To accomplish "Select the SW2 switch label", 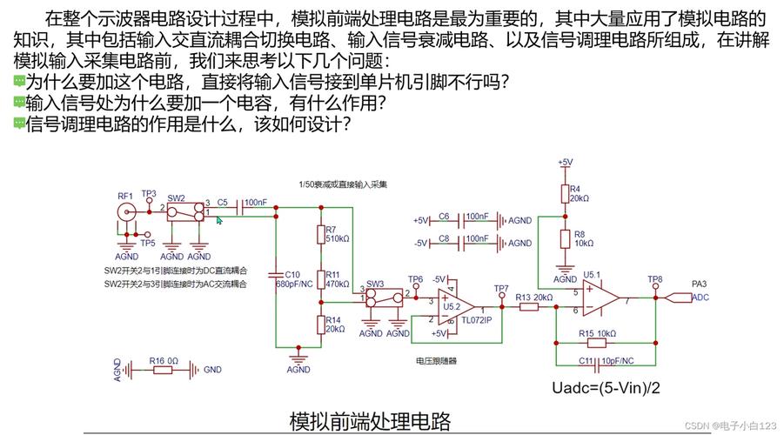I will pos(176,197).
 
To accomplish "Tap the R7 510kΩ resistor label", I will pos(337,234).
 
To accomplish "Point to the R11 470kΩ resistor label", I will pos(337,278).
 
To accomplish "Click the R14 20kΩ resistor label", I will pos(335,324).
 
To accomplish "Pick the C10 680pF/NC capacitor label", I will pos(288,278).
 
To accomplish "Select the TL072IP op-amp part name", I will pos(476,319).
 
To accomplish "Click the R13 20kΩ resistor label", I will pos(534,298).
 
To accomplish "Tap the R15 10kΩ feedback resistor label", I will pos(598,333).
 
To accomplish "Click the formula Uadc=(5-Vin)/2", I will pos(606,388).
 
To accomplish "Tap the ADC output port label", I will pos(701,298).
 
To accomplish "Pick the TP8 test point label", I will pos(654,279).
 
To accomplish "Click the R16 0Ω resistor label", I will pos(163,359).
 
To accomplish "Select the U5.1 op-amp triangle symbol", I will pos(600,299).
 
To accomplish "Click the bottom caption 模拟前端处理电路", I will pos(370,421).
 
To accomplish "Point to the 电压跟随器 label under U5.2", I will pos(436,359).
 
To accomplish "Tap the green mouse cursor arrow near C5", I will pos(220,221).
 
